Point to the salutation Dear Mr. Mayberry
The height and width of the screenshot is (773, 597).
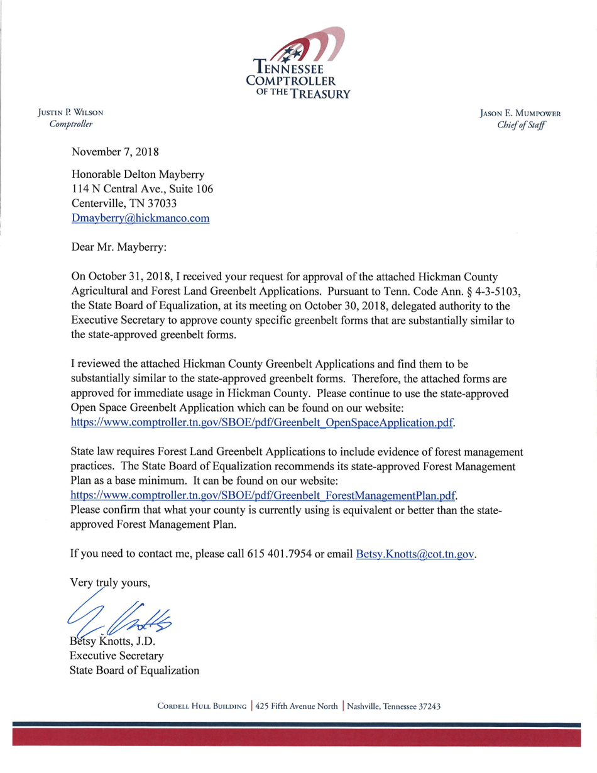point(119,248)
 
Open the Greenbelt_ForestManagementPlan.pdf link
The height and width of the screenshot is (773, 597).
point(263,495)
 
